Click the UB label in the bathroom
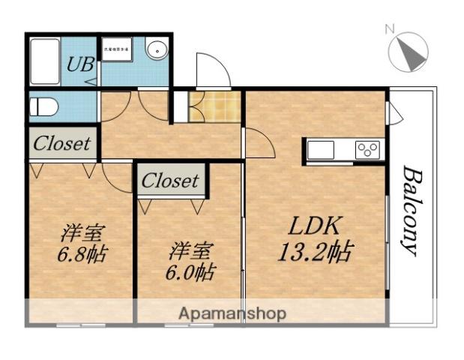tap(80, 64)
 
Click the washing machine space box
tap(116, 50)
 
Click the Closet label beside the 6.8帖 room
tap(62, 143)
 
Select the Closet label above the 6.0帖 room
tap(170, 181)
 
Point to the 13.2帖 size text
tap(314, 251)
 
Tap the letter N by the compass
tap(389, 29)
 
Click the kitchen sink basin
tap(320, 150)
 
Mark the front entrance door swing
tap(211, 71)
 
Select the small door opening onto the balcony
tap(394, 113)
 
